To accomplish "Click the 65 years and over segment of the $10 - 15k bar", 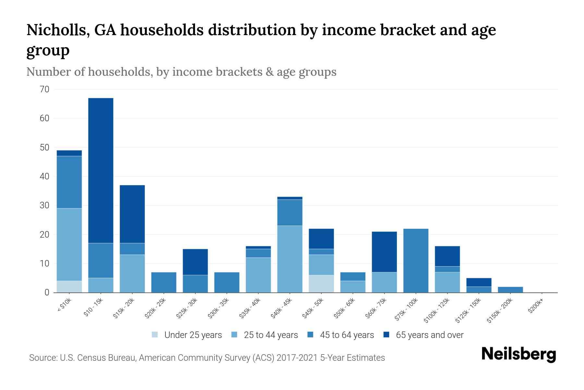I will click(101, 171).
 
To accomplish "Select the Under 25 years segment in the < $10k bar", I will click(69, 287).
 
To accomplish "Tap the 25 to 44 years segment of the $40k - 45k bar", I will click(290, 259).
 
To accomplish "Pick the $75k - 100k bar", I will click(416, 261).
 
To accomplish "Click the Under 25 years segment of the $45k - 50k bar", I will click(321, 284).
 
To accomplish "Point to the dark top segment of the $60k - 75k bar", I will click(384, 252).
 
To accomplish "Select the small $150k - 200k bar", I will click(510, 290).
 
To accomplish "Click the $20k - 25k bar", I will click(164, 282).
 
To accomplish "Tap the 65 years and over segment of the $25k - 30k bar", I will click(195, 262).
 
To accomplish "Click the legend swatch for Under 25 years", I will click(155, 335).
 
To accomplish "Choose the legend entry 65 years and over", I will click(429, 335).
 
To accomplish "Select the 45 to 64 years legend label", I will click(347, 335).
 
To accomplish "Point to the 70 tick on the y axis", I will click(44, 89).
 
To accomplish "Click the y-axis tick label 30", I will click(44, 205).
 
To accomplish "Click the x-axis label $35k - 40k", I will click(250, 308).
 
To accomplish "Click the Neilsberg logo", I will click(518, 354).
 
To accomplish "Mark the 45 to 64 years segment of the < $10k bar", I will click(69, 182).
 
